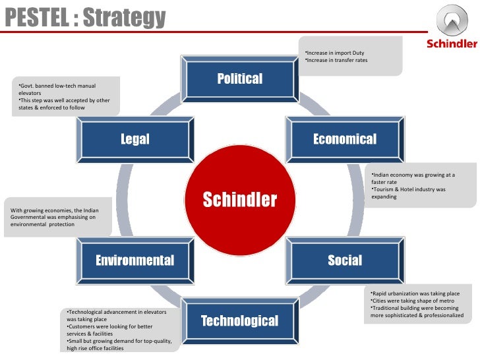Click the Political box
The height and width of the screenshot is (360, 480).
pyautogui.click(x=239, y=79)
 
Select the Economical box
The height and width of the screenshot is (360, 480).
pyautogui.click(x=344, y=139)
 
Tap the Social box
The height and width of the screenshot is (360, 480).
pyautogui.click(x=344, y=260)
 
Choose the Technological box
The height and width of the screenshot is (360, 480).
pyautogui.click(x=239, y=321)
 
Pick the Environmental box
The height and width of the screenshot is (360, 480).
pyautogui.click(x=135, y=260)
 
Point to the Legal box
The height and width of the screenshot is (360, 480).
pyautogui.click(x=135, y=139)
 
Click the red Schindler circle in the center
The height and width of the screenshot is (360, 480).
pyautogui.click(x=239, y=199)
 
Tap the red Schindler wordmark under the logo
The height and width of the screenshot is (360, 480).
pyautogui.click(x=452, y=44)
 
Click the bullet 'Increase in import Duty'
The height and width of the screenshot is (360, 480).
pyautogui.click(x=334, y=53)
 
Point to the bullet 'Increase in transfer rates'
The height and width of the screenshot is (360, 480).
pyautogui.click(x=336, y=61)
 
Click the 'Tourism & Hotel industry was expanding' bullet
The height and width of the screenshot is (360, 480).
pyautogui.click(x=408, y=193)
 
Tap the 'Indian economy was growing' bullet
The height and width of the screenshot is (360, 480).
pyautogui.click(x=413, y=178)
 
